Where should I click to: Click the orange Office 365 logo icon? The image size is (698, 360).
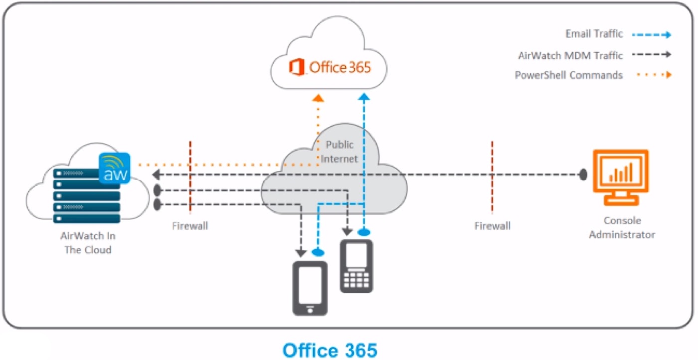click(x=297, y=67)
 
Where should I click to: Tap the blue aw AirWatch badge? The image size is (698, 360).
click(x=115, y=168)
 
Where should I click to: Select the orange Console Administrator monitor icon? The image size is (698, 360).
click(x=620, y=177)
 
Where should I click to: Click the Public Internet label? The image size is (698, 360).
click(x=340, y=152)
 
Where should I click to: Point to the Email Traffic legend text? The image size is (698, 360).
click(x=594, y=34)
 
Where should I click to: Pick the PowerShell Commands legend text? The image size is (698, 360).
click(x=568, y=75)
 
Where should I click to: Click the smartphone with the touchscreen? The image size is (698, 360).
click(x=310, y=288)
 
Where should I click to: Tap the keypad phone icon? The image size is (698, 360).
click(x=356, y=266)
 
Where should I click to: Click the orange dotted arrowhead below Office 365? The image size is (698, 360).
click(x=318, y=97)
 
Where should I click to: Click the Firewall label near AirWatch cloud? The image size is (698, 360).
click(x=190, y=226)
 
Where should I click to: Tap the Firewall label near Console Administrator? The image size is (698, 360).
click(x=492, y=226)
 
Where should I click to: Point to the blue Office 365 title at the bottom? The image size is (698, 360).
click(x=330, y=350)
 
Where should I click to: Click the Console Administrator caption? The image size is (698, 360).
click(x=622, y=228)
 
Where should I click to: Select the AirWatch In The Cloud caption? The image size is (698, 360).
click(x=88, y=242)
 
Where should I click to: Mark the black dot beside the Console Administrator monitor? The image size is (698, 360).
click(x=583, y=175)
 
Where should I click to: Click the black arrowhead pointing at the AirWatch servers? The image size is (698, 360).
click(x=156, y=175)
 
